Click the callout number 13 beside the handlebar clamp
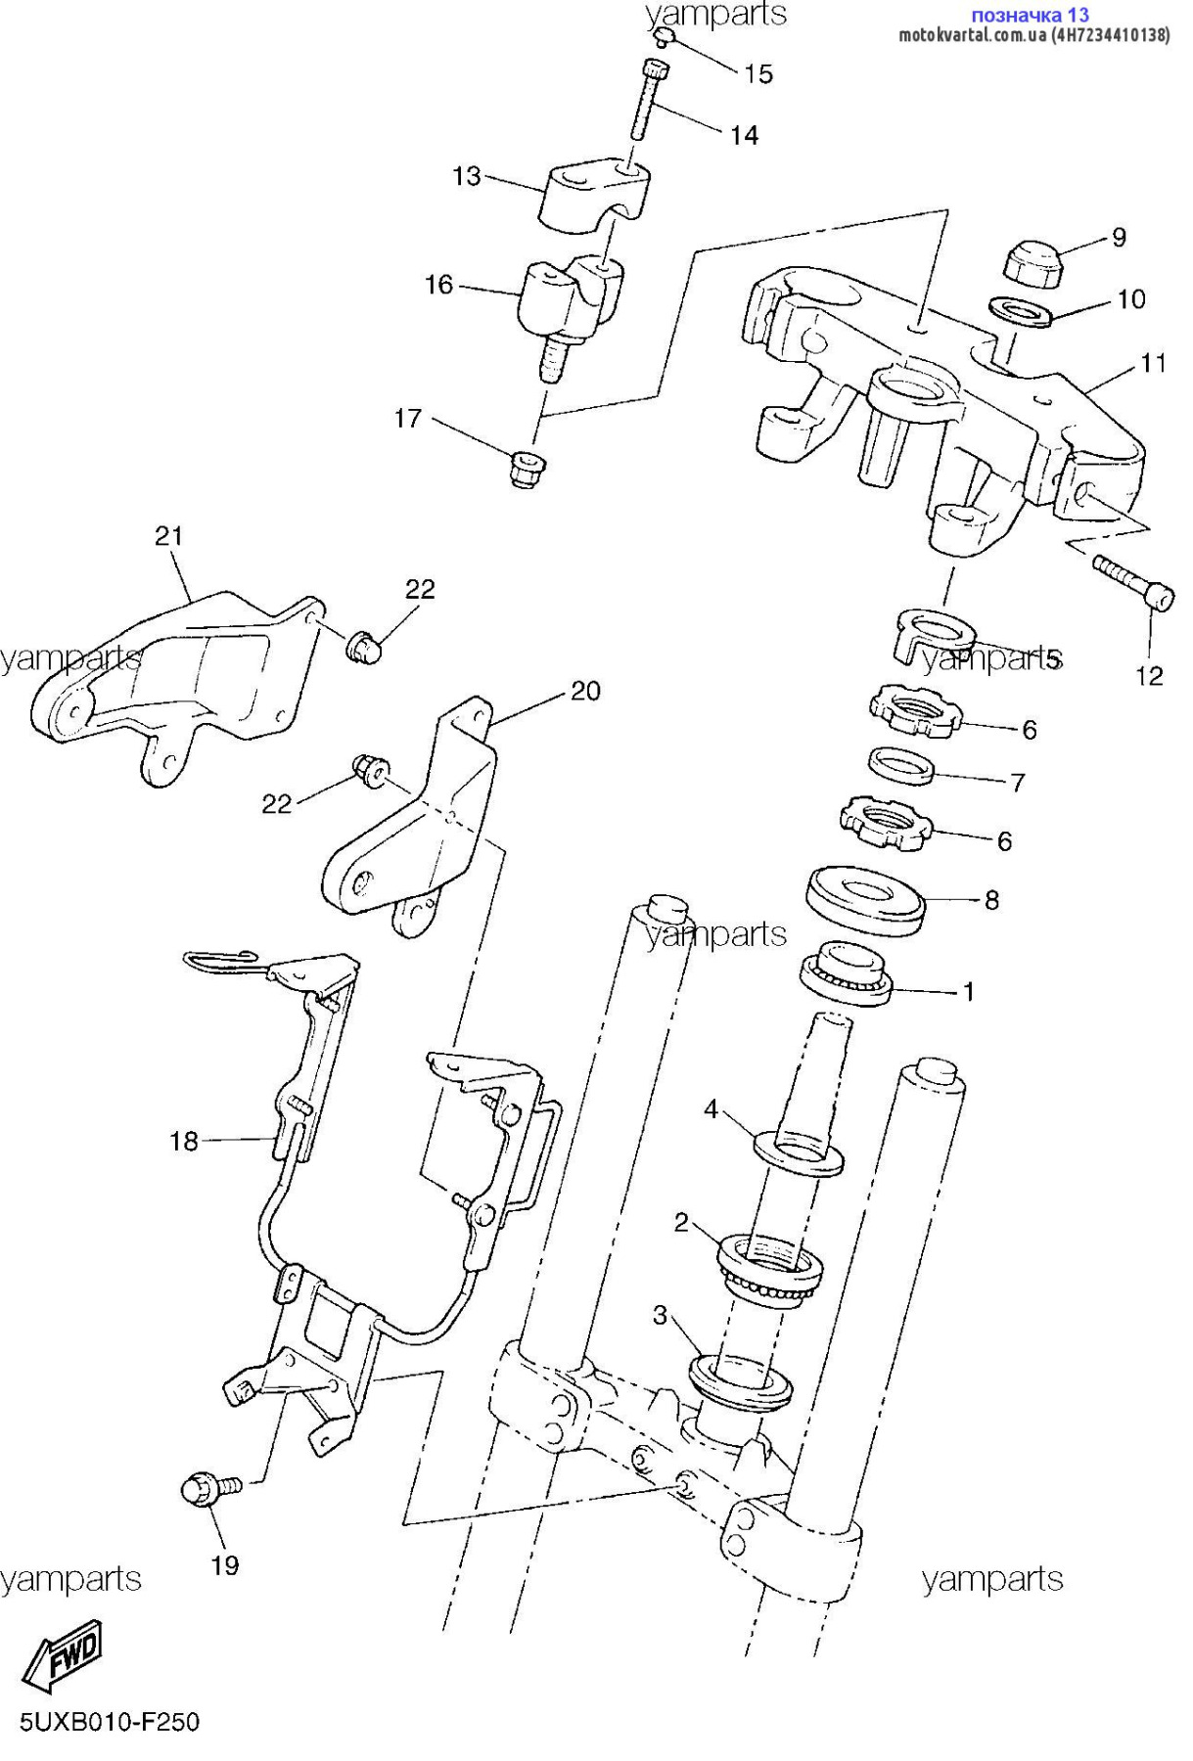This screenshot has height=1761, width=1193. pos(467,176)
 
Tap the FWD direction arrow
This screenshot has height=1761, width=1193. pos(63,1656)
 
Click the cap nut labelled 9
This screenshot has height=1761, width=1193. pos(1034,263)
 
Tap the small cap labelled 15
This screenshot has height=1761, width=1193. pos(664,36)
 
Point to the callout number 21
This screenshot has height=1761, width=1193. pos(168,536)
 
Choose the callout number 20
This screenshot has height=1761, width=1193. pos(585,691)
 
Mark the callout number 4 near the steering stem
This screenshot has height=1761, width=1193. pos(711,1108)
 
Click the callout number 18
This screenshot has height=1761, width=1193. pos(184,1141)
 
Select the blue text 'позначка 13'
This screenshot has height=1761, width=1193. pos(1030,15)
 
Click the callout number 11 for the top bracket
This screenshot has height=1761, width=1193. pos(1154,363)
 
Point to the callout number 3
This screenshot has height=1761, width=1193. pos(661,1315)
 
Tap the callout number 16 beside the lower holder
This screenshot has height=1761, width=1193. pos(438,285)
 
